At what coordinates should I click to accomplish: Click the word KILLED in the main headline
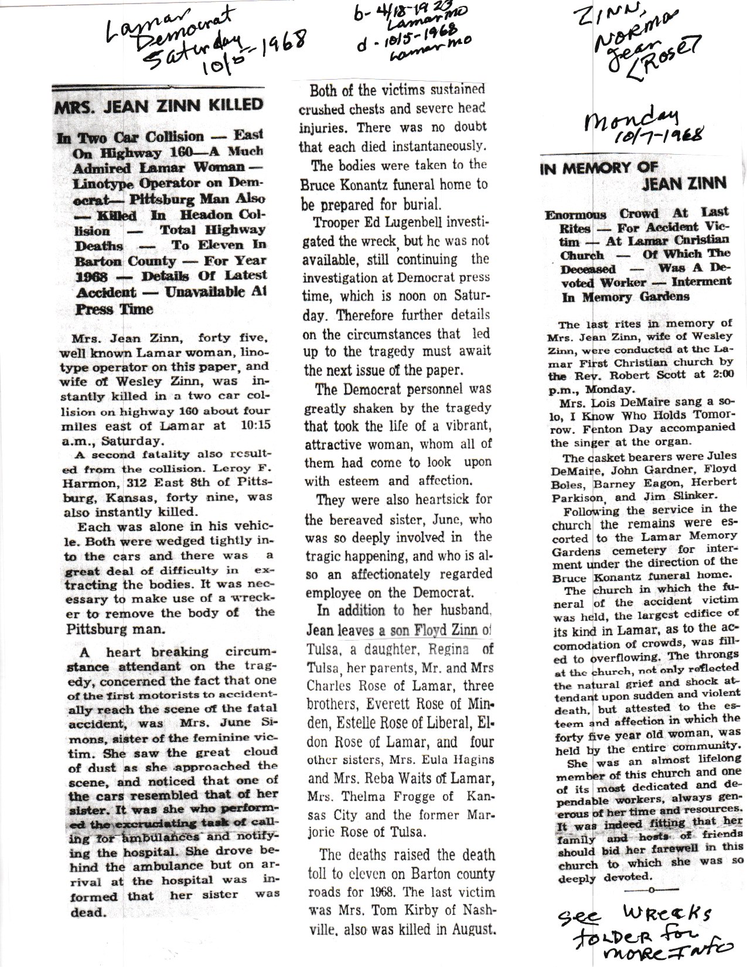pos(236,105)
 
